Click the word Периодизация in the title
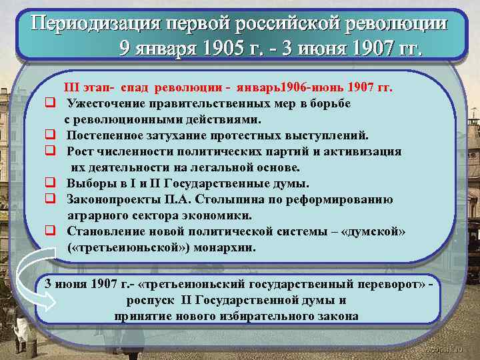[94, 24]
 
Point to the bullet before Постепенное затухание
[49, 135]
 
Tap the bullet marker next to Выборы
[49, 183]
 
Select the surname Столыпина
[257, 199]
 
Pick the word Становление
[105, 231]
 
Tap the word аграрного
[95, 215]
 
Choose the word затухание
[189, 135]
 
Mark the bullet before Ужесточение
[49, 103]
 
